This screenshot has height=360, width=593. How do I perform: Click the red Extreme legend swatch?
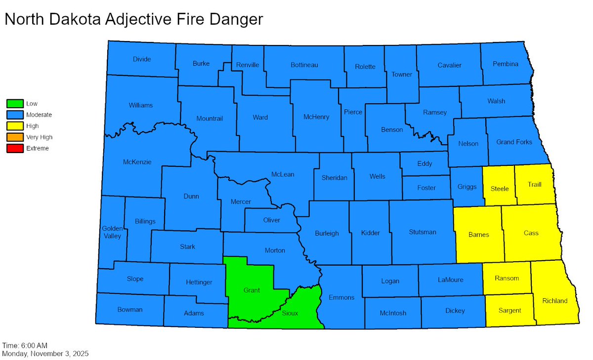(x=15, y=148)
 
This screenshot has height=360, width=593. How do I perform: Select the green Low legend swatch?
(x=15, y=104)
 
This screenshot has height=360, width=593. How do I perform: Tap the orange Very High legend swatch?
(x=15, y=137)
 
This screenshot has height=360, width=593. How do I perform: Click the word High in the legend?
(x=33, y=126)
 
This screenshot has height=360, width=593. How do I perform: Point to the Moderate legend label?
(x=39, y=115)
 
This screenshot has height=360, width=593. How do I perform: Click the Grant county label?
(x=252, y=290)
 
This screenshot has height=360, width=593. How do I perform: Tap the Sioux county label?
(x=290, y=313)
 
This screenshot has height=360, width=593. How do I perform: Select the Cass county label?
(x=531, y=233)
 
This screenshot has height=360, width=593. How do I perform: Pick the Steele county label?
(x=500, y=189)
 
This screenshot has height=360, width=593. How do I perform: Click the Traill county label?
(x=534, y=185)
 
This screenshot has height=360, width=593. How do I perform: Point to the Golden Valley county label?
(x=112, y=232)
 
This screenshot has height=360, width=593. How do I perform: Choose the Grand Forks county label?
(x=514, y=142)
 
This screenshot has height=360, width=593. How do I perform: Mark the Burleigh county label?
(x=327, y=233)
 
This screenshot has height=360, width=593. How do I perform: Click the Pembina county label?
(x=506, y=64)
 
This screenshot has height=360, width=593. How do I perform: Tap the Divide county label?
(x=142, y=59)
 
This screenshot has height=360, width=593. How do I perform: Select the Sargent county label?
(x=509, y=311)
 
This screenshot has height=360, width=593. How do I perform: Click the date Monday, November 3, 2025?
(x=45, y=354)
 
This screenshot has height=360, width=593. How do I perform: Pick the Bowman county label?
(x=130, y=310)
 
